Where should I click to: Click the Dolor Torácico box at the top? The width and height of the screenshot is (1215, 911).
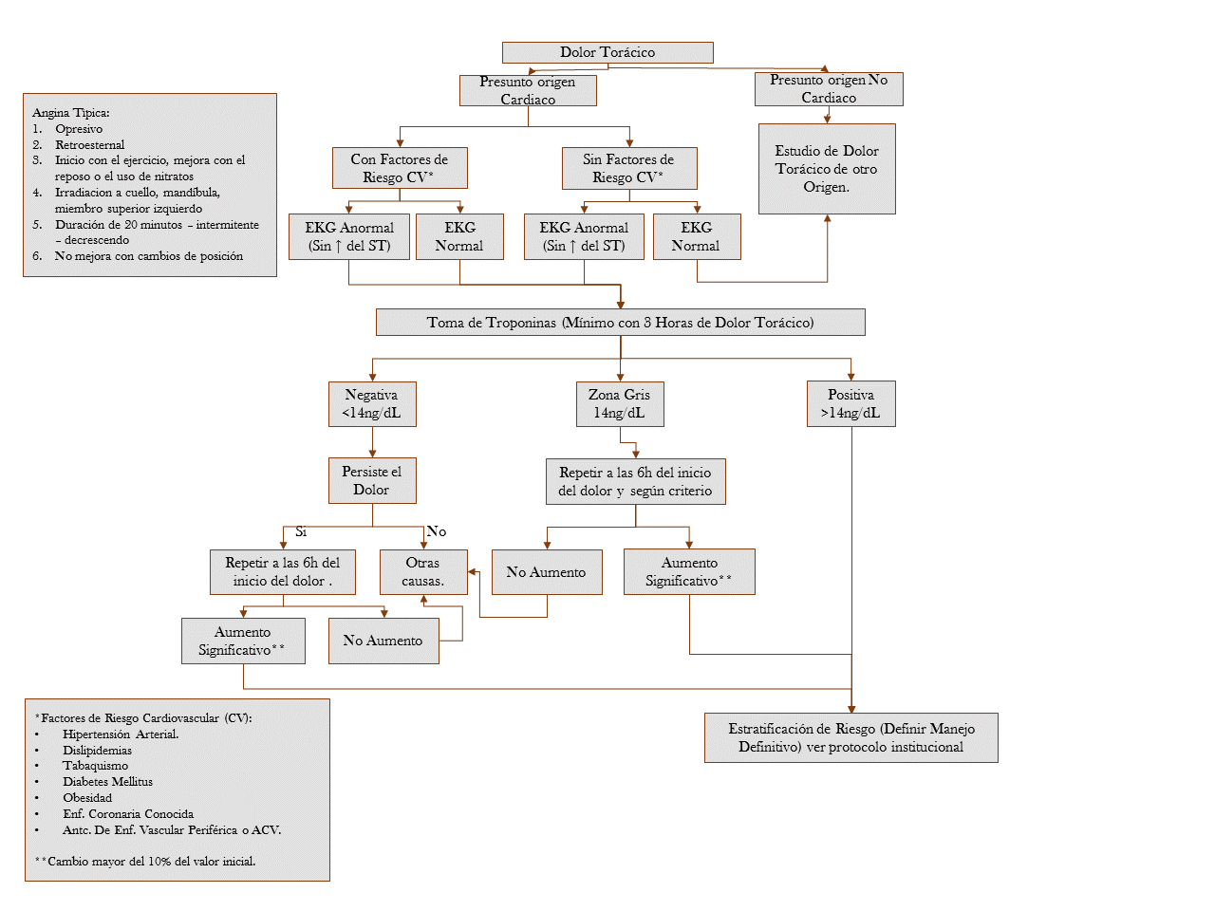[x=607, y=52]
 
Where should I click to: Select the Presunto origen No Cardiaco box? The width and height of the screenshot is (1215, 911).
[x=829, y=89]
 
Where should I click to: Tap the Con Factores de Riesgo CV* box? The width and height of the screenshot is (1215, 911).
[x=399, y=168]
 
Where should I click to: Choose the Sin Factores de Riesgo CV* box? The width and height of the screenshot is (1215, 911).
[x=628, y=168]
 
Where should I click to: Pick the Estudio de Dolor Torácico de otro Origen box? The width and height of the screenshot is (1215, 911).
[x=827, y=169]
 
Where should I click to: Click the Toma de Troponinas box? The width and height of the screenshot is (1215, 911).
[x=620, y=323]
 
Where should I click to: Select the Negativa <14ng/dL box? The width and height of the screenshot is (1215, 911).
[x=371, y=403]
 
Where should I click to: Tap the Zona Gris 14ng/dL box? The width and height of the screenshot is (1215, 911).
[x=620, y=403]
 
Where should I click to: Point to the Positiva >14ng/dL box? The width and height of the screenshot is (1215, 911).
[x=850, y=403]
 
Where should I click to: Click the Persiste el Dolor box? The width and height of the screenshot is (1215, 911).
[x=371, y=480]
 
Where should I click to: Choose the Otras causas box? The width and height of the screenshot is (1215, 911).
[x=423, y=571]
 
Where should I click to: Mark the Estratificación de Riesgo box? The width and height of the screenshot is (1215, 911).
[x=850, y=737]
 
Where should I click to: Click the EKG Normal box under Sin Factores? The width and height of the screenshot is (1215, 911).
[x=696, y=236]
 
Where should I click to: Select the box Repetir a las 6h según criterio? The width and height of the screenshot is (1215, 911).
[x=635, y=481]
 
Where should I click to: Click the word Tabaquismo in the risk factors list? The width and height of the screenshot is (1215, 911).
[x=95, y=766]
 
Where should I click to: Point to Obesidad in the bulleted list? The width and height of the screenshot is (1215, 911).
[x=87, y=798]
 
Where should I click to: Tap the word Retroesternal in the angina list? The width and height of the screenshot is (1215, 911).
[x=89, y=145]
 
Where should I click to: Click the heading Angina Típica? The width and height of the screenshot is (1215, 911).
[x=71, y=113]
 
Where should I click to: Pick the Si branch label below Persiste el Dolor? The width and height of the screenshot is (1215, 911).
[x=301, y=532]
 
